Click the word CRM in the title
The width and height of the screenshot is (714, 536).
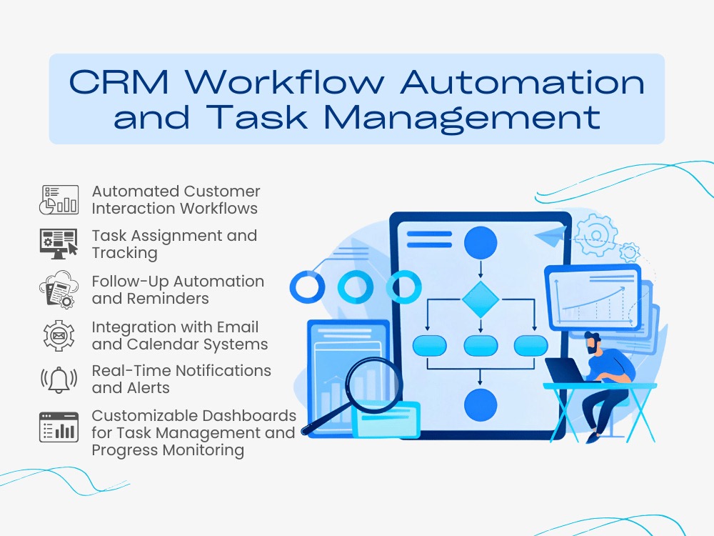coord(119,82)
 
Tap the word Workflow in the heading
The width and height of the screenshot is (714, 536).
coord(285,81)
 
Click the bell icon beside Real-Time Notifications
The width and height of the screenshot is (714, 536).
coord(59,379)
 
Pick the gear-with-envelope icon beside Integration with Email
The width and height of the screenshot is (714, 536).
coord(59,335)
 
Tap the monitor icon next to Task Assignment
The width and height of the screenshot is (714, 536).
coord(59,244)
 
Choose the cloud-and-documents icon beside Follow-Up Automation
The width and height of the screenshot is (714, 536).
coord(59,289)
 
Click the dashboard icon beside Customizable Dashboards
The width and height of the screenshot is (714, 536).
coord(59,427)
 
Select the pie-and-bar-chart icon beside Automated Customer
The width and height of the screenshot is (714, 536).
coord(59,199)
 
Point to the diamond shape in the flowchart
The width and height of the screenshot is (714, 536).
coord(481,299)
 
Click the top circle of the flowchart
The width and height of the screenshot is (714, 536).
coord(481,242)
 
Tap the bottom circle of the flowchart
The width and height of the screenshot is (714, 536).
coord(481,405)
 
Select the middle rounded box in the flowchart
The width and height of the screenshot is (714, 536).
coord(481,345)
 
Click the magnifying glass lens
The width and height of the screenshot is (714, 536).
coord(374,382)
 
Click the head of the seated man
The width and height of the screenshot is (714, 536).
coord(593,344)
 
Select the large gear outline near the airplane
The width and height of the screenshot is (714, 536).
coord(596,234)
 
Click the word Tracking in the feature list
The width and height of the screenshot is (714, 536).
coord(125,253)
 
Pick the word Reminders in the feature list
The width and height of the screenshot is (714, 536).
coord(168,299)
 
